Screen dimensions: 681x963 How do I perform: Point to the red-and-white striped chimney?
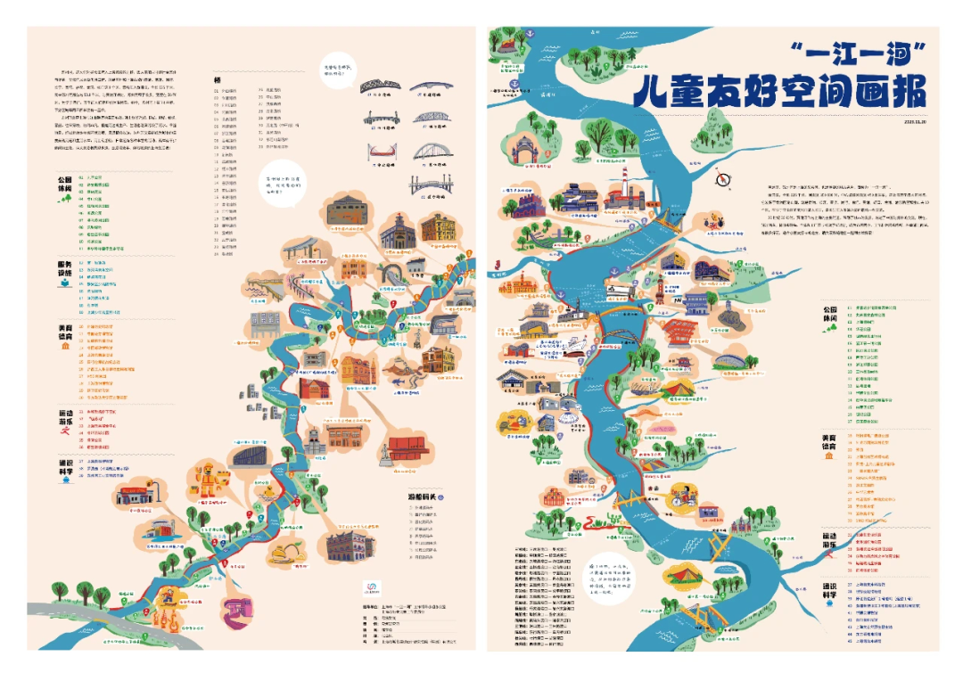[x=625, y=183]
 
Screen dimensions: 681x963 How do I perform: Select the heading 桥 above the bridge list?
[x=216, y=79]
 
